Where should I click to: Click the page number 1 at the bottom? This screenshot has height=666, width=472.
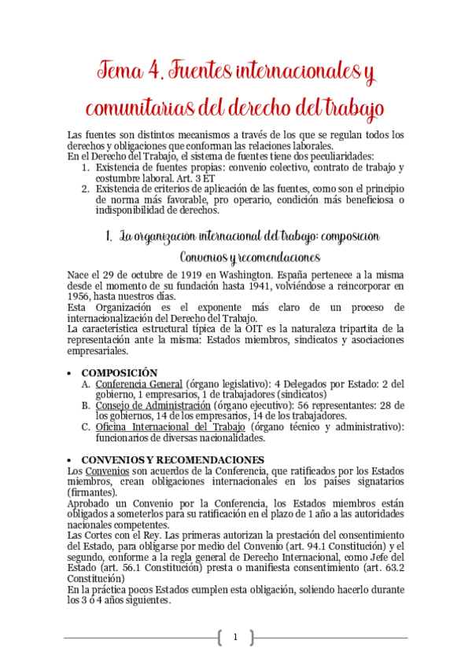click(x=234, y=637)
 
